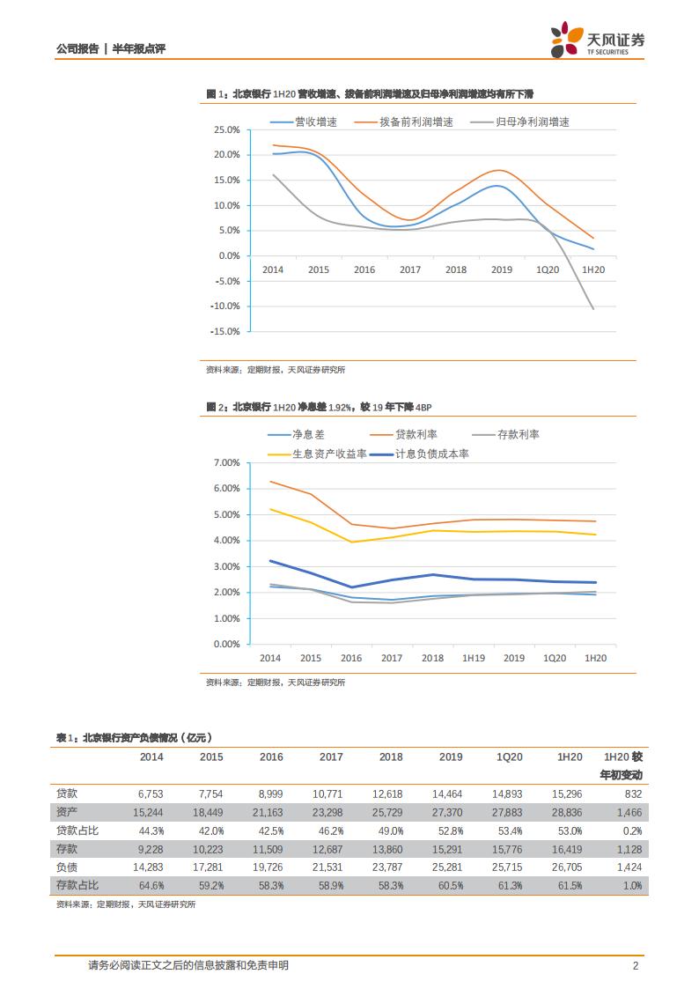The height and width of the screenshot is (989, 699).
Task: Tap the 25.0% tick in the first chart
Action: (227, 129)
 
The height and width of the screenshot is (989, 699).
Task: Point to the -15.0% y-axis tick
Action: (225, 332)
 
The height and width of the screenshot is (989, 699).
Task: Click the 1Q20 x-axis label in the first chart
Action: (547, 269)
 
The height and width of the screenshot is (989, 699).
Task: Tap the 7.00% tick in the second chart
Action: (227, 462)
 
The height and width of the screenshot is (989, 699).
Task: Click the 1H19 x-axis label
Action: (474, 658)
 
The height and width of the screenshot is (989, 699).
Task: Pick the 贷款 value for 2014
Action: (151, 793)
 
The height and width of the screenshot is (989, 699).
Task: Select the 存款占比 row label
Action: (77, 884)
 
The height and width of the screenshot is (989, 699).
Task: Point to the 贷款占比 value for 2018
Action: (390, 830)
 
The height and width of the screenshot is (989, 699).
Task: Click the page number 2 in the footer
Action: (635, 965)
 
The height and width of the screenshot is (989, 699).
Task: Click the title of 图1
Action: (370, 93)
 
